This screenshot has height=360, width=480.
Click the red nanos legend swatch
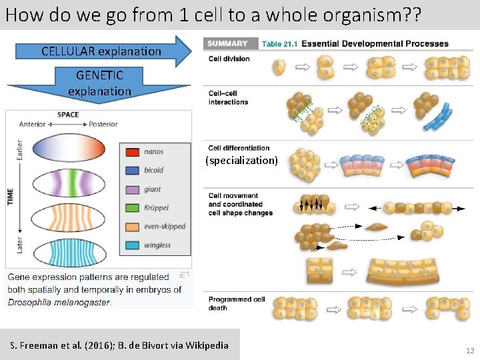[132, 152]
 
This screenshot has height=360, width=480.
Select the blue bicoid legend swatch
[132, 171]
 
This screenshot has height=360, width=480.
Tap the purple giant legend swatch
[132, 189]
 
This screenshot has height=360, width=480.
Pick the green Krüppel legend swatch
[132, 208]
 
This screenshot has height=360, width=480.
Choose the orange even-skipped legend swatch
[132, 227]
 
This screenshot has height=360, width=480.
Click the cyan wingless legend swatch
[132, 245]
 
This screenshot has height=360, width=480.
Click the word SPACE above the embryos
[68, 115]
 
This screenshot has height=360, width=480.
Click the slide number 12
[470, 351]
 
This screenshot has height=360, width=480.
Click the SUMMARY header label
[227, 44]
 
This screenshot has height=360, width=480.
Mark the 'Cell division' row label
[229, 59]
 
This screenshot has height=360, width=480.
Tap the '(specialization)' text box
[241, 161]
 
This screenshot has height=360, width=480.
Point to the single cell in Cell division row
[280, 67]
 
